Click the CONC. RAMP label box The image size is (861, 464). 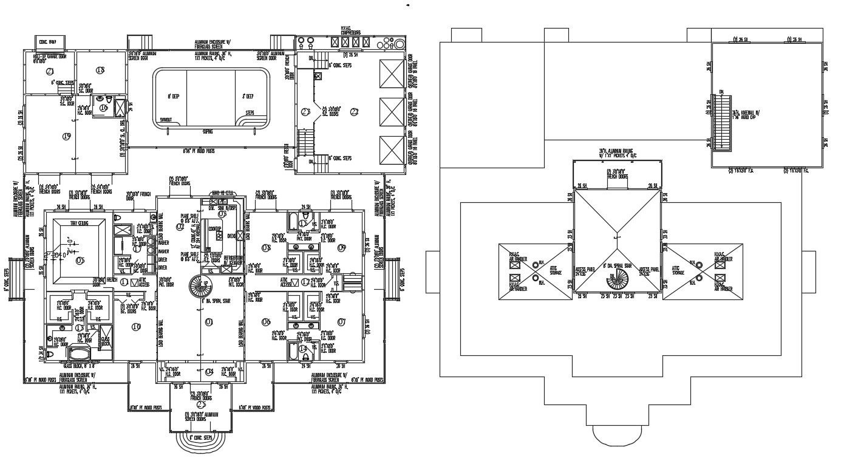[44, 42]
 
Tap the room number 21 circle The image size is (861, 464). [50, 71]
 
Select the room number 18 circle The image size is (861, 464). [100, 70]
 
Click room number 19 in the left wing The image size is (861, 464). [67, 136]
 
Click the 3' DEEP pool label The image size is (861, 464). [248, 97]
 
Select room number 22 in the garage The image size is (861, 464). [355, 111]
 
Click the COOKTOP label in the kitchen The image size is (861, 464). [214, 228]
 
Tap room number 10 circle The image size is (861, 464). [136, 327]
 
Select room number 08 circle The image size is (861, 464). [265, 247]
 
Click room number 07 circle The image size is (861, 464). [341, 321]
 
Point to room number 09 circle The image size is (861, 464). [341, 247]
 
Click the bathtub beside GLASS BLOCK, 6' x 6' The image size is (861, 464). [79, 353]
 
